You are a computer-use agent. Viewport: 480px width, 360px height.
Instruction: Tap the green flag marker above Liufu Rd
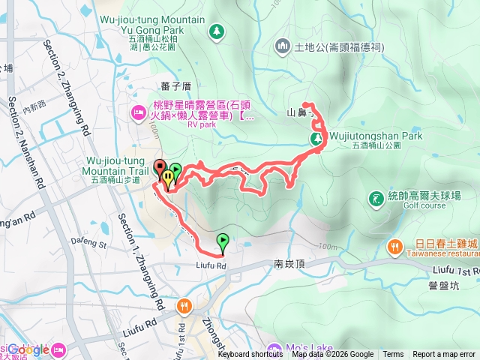223,241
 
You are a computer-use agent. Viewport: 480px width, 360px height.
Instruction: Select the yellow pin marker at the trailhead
168,178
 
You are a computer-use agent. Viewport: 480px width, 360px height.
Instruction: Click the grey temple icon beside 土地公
283,46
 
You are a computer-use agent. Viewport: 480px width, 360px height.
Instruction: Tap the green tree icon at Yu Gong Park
217,31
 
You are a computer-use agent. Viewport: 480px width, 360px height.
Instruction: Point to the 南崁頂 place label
289,265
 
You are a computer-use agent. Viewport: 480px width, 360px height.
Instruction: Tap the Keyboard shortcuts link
250,355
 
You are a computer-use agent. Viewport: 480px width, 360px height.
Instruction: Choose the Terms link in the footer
393,355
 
